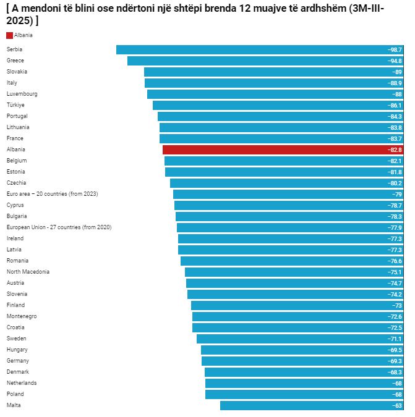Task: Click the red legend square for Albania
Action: tap(9, 35)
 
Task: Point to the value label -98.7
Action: tap(394, 49)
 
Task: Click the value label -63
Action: tap(396, 405)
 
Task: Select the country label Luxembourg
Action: tap(22, 94)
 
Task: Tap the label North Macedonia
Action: tap(28, 272)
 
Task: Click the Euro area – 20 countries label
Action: tap(52, 194)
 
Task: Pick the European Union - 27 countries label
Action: tap(59, 227)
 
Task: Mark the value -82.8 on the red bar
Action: tap(394, 150)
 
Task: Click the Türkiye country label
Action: tap(16, 105)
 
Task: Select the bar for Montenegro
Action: tap(297, 316)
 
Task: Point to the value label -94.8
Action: tap(394, 61)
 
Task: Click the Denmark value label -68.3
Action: tap(394, 372)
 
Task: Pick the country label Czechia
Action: tap(16, 183)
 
